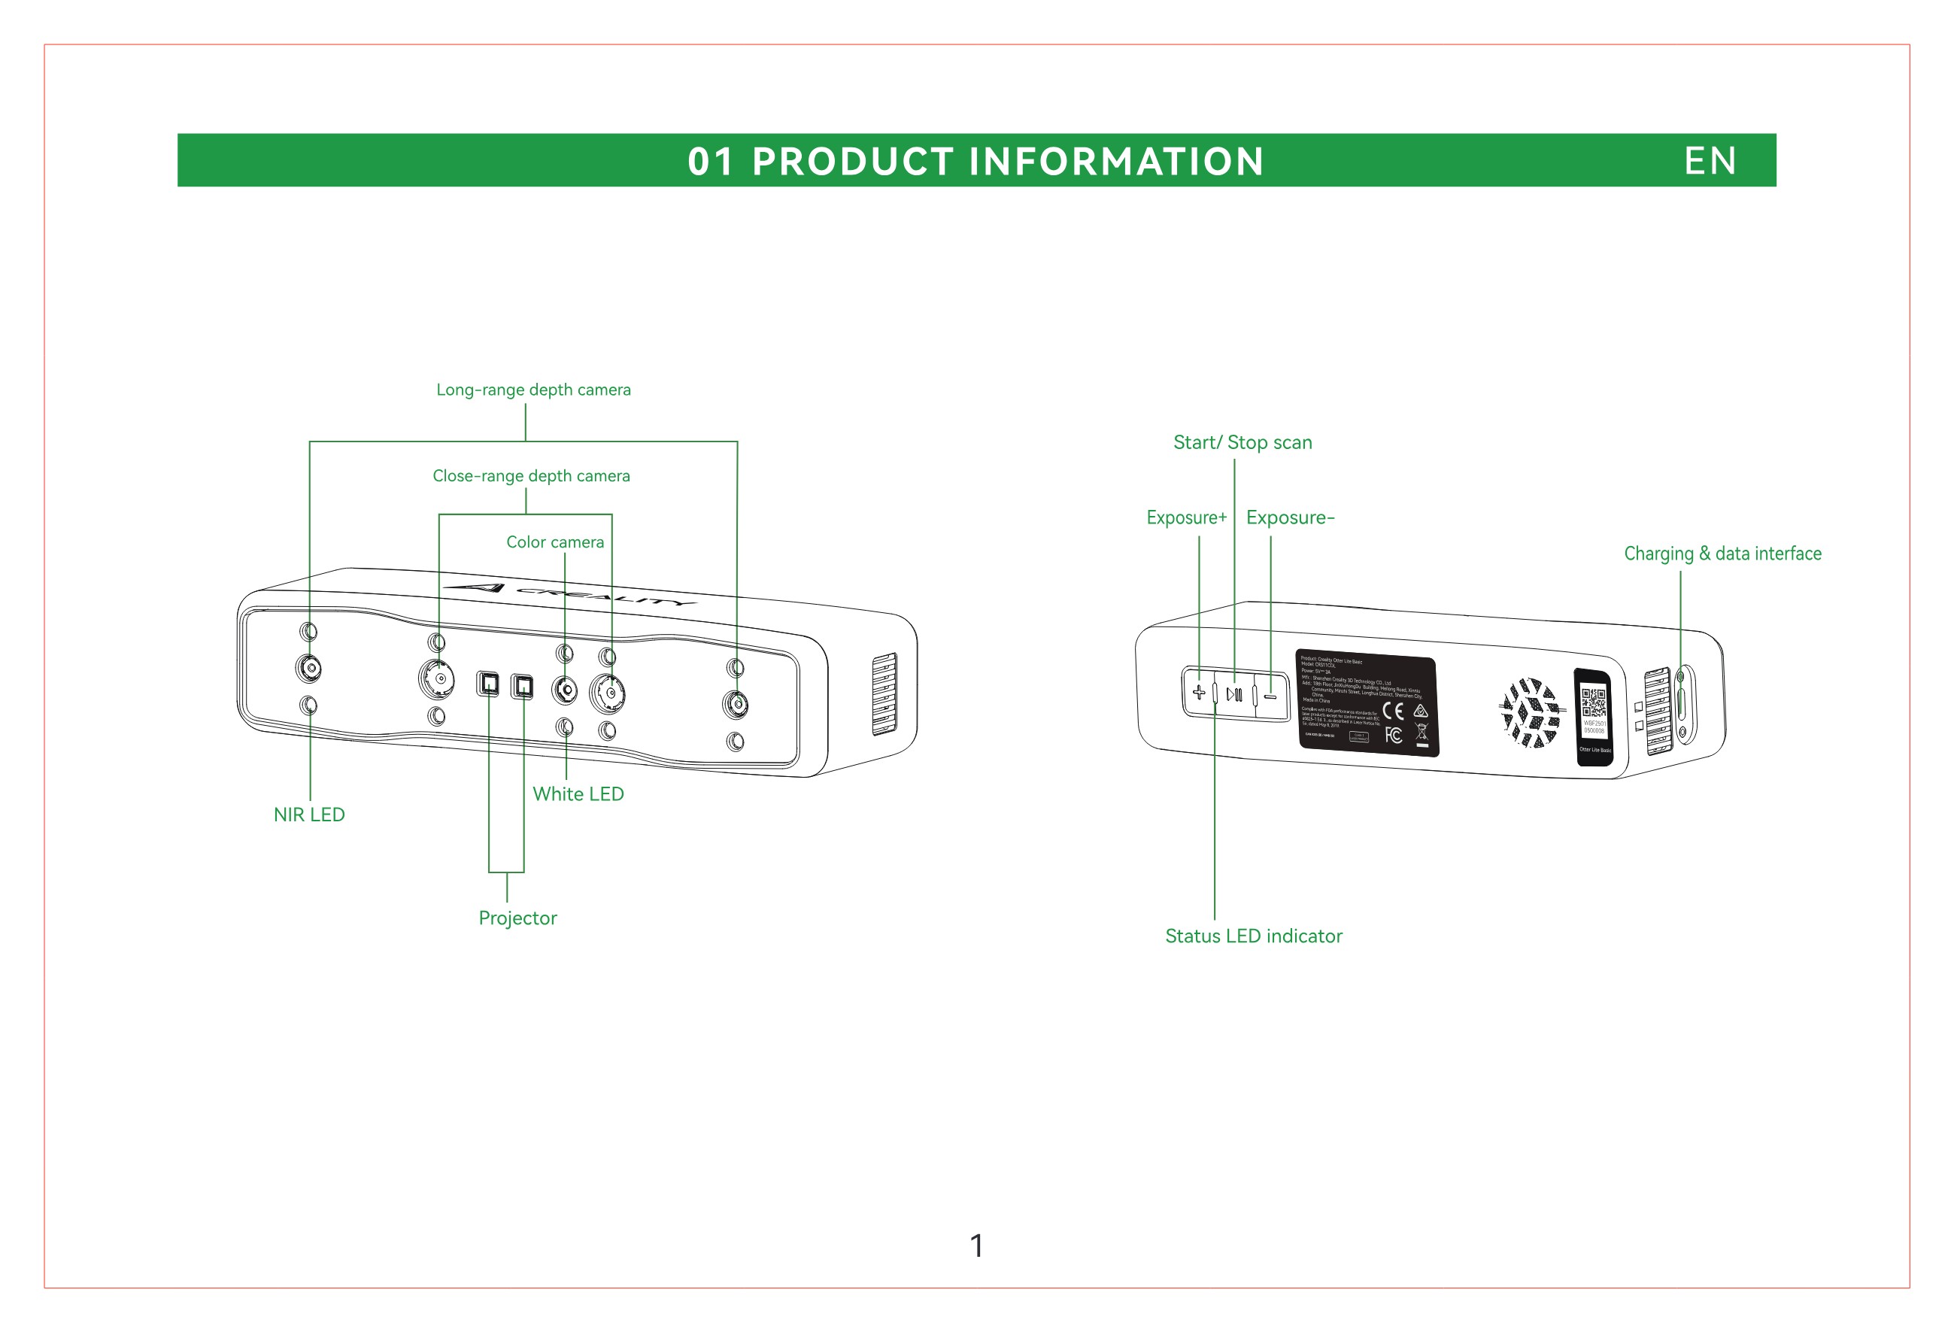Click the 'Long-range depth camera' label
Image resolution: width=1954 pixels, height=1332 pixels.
pyautogui.click(x=533, y=390)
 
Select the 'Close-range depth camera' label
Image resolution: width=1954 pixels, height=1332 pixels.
pyautogui.click(x=530, y=476)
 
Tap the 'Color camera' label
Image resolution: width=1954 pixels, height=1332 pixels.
pyautogui.click(x=555, y=542)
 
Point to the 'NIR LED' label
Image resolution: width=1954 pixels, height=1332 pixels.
pyautogui.click(x=308, y=815)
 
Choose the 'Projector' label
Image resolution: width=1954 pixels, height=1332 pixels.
pyautogui.click(x=517, y=918)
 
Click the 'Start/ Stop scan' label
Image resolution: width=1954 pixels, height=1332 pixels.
pyautogui.click(x=1242, y=443)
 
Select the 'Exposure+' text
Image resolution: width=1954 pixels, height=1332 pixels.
pyautogui.click(x=1185, y=518)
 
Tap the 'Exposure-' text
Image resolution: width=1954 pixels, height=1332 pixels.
pyautogui.click(x=1290, y=518)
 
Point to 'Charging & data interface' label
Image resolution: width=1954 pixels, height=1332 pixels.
pyautogui.click(x=1722, y=554)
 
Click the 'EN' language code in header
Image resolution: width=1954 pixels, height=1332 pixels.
pyautogui.click(x=1710, y=161)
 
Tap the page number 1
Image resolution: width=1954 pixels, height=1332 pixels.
pyautogui.click(x=976, y=1246)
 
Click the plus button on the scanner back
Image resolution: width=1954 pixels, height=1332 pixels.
pyautogui.click(x=1199, y=693)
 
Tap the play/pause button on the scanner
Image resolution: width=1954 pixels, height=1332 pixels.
pyautogui.click(x=1233, y=695)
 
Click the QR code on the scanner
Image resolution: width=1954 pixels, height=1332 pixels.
pyautogui.click(x=1593, y=701)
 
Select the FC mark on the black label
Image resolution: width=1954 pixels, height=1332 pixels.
pyautogui.click(x=1393, y=736)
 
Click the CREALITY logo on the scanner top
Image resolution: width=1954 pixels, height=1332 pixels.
pyautogui.click(x=572, y=593)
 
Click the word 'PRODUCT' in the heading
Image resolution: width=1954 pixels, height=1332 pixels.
pyautogui.click(x=851, y=162)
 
